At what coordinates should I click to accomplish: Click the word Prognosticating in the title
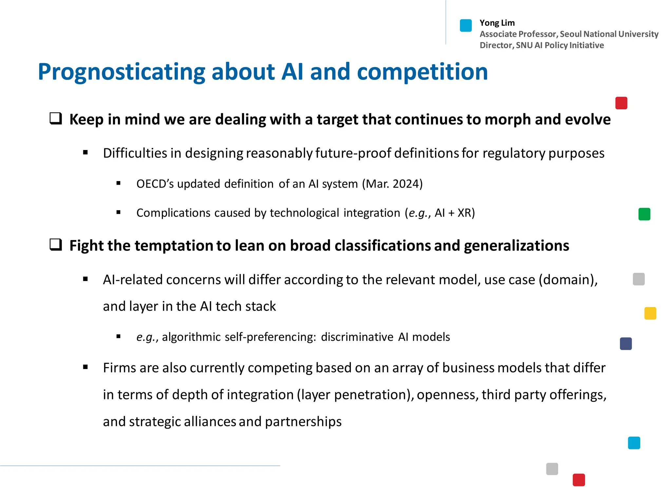121,72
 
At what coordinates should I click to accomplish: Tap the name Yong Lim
497,23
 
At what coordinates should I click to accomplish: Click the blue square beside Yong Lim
466,26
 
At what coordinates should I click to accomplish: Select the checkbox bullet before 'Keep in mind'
56,118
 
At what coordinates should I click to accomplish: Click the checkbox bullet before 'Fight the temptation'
56,245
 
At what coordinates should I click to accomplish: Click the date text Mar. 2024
392,184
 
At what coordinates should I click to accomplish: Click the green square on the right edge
644,214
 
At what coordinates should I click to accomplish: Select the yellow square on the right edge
650,313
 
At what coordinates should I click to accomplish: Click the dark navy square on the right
625,344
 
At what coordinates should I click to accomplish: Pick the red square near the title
621,103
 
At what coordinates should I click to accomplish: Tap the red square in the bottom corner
579,480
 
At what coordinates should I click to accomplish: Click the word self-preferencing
270,337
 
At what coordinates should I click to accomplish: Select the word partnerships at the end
303,422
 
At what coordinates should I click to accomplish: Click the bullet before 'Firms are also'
86,367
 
